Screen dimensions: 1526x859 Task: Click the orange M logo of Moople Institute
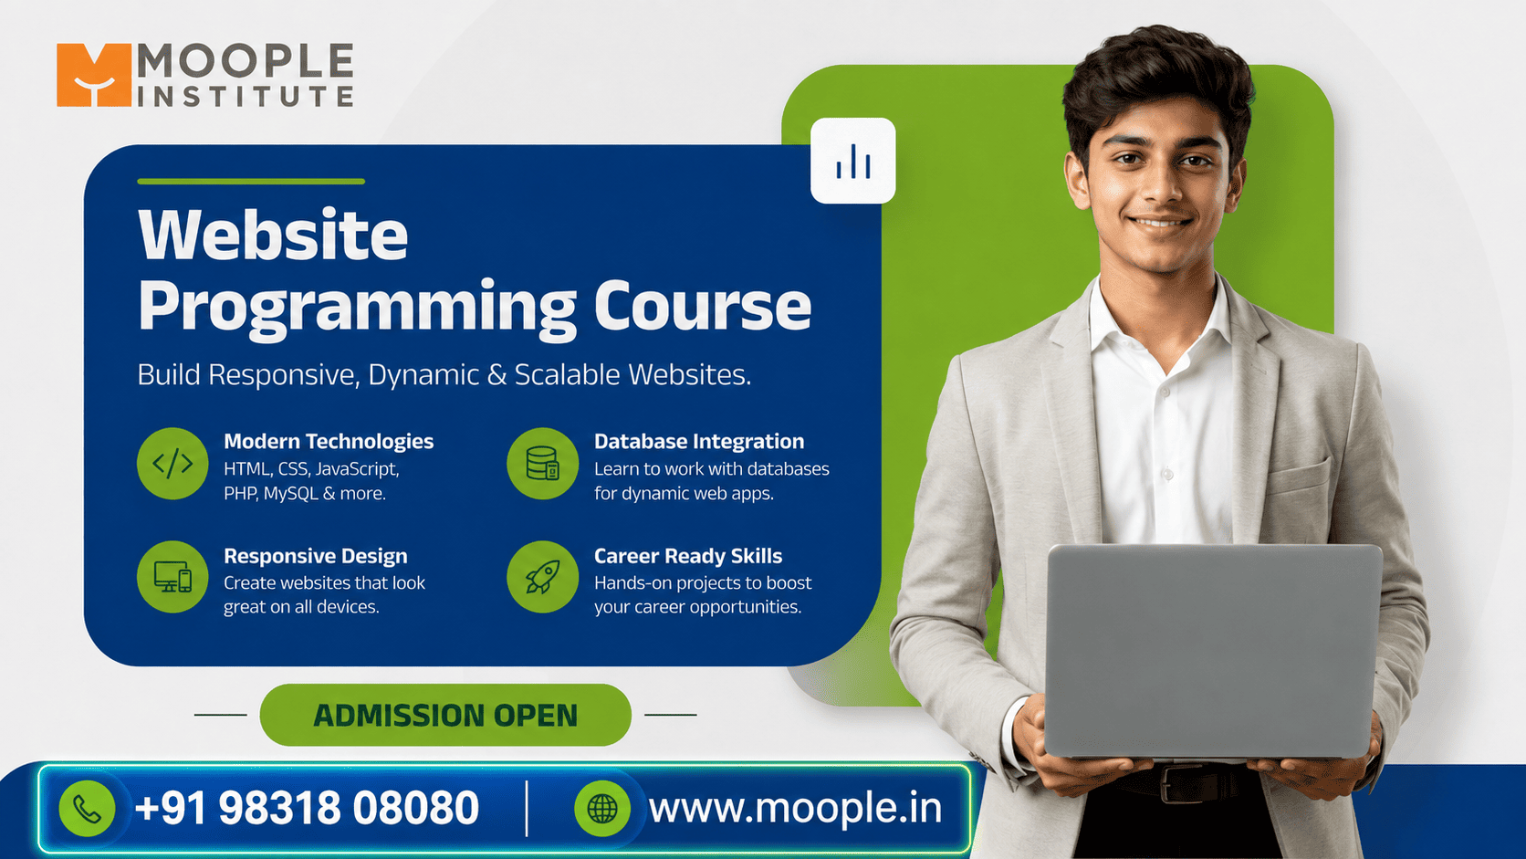pyautogui.click(x=93, y=75)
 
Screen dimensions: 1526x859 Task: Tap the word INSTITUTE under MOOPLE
pyautogui.click(x=246, y=96)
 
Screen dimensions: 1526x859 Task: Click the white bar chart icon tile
pyautogui.click(x=853, y=161)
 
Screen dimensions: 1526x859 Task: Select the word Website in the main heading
pyautogui.click(x=273, y=235)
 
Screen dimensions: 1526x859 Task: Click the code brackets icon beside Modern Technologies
pyautogui.click(x=172, y=464)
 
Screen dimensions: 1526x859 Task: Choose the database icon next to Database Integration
pyautogui.click(x=543, y=464)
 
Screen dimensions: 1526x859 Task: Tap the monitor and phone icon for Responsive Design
pyautogui.click(x=172, y=577)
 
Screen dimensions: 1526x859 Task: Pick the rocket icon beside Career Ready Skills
pyautogui.click(x=543, y=577)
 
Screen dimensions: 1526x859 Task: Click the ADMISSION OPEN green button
pyautogui.click(x=445, y=715)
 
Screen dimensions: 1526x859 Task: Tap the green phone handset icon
pyautogui.click(x=88, y=809)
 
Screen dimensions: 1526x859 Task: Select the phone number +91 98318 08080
pyautogui.click(x=308, y=809)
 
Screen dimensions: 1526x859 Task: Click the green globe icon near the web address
pyautogui.click(x=602, y=809)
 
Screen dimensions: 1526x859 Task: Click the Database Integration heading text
pyautogui.click(x=699, y=442)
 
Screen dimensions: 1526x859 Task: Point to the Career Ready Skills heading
pyautogui.click(x=688, y=556)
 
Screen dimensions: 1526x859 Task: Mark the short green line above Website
pyautogui.click(x=251, y=181)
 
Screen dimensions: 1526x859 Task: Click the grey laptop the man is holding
pyautogui.click(x=1213, y=651)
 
